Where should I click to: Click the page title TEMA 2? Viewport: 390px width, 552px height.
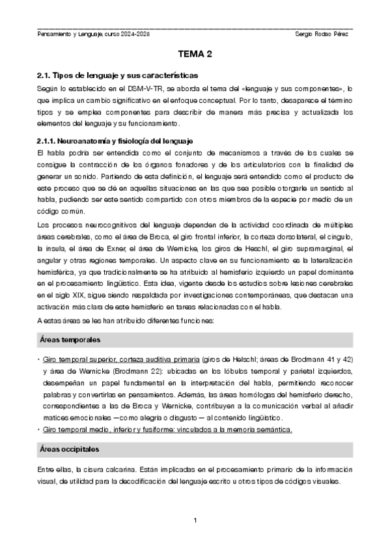(195, 57)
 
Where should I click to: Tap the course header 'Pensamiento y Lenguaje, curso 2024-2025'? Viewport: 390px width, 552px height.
(94, 33)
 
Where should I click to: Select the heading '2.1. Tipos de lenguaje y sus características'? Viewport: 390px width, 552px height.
(117, 76)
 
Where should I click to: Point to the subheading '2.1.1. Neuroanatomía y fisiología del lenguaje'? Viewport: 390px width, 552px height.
(113, 141)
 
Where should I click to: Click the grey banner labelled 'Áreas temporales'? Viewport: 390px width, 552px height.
(195, 340)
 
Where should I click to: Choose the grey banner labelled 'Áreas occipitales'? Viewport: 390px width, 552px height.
(195, 450)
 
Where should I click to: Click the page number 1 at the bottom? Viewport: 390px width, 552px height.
(195, 519)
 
